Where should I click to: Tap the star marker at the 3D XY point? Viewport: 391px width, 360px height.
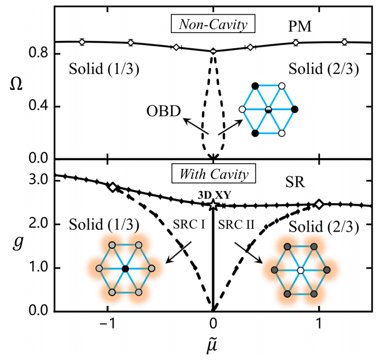pyautogui.click(x=213, y=205)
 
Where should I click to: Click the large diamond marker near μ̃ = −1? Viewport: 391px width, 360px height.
pyautogui.click(x=112, y=187)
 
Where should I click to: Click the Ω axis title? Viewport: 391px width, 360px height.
pyautogui.click(x=17, y=84)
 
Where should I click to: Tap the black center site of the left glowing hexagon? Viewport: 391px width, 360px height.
pyautogui.click(x=125, y=269)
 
